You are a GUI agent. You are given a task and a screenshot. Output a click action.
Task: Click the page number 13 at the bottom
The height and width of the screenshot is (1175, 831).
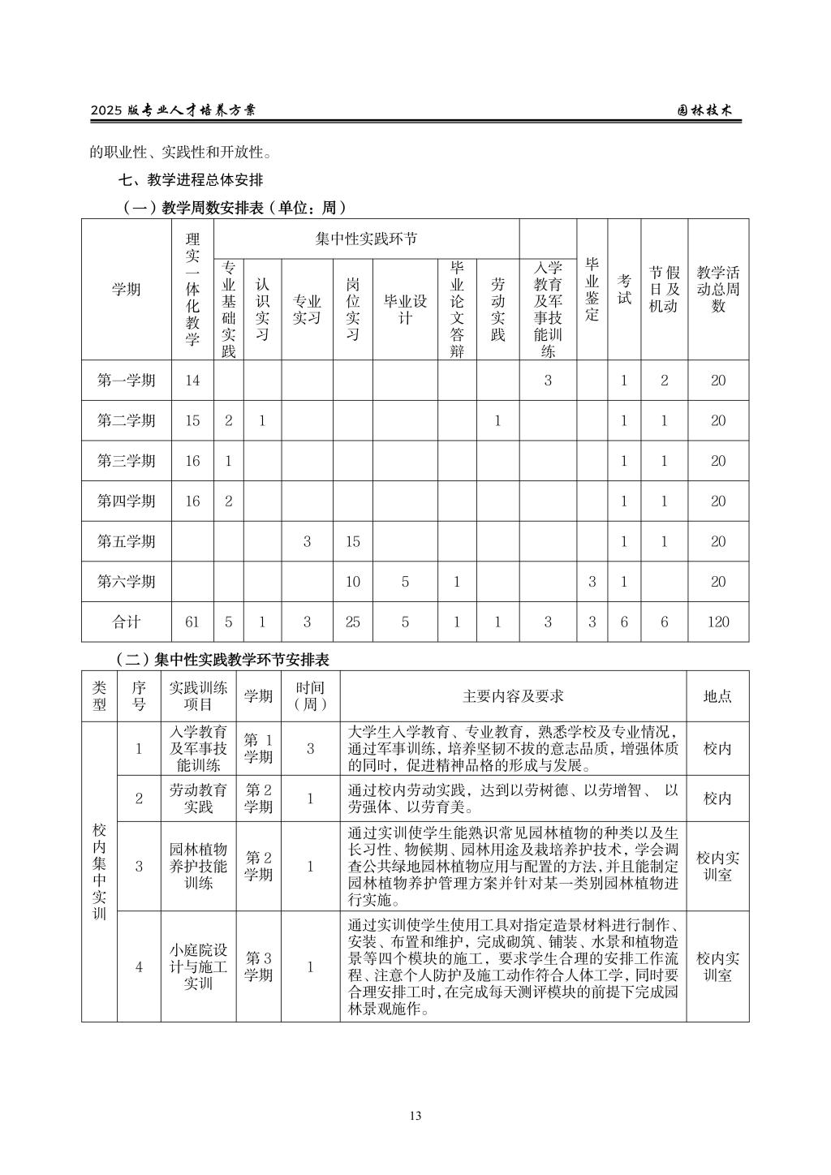tap(415, 1116)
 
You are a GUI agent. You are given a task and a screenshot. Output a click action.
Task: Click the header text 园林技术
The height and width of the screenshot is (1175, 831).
tap(704, 110)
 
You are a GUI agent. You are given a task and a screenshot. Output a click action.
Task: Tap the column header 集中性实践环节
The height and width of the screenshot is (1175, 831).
tap(366, 239)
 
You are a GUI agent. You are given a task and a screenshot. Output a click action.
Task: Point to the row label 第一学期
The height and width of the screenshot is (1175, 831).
tap(127, 381)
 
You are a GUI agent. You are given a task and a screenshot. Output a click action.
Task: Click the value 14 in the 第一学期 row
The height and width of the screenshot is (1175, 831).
tap(192, 381)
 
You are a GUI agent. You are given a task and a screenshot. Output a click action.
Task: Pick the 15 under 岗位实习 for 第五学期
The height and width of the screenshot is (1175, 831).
tap(352, 541)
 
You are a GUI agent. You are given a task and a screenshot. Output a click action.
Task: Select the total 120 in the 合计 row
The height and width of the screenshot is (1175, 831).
tap(718, 622)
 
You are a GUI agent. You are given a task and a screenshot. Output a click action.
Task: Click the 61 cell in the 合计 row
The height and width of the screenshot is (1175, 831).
tap(192, 622)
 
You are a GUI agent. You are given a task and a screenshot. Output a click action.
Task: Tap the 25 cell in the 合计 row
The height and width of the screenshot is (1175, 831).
tap(352, 622)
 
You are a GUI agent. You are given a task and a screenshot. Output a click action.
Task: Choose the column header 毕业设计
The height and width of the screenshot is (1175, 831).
tap(405, 309)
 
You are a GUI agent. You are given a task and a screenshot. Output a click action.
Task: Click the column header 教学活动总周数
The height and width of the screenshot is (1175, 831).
tap(718, 289)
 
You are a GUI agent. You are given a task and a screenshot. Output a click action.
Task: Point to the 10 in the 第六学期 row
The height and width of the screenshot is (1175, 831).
tap(352, 582)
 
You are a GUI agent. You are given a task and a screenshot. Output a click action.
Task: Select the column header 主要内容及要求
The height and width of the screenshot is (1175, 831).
tap(513, 696)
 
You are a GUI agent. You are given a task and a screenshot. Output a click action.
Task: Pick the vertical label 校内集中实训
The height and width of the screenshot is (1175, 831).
tap(99, 871)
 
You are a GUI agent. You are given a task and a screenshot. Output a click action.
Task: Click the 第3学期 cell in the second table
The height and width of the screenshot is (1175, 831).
tap(259, 966)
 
